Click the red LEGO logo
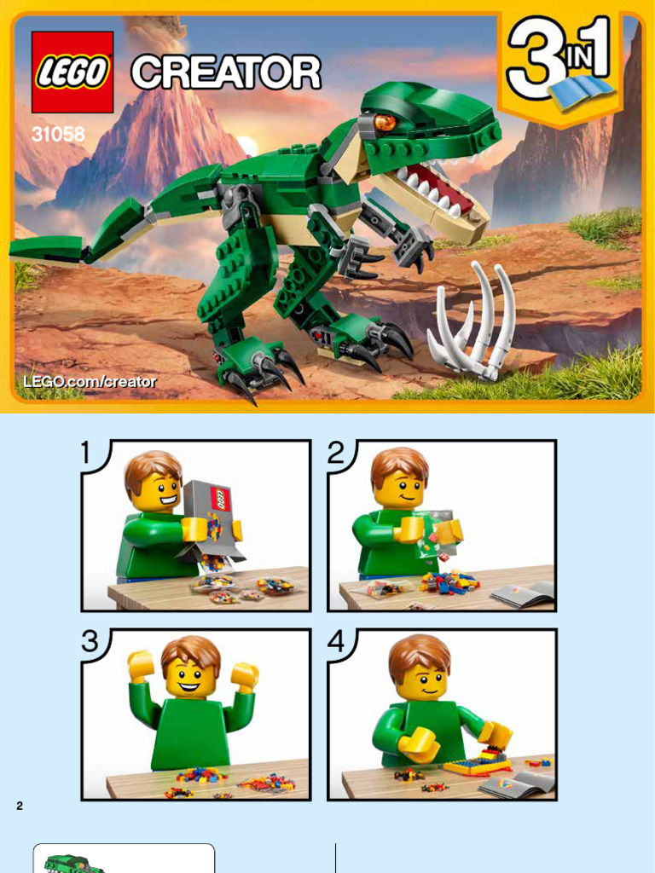pyautogui.click(x=72, y=72)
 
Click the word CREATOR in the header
pyautogui.click(x=226, y=72)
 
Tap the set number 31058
pyautogui.click(x=52, y=134)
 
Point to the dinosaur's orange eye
pyautogui.click(x=384, y=122)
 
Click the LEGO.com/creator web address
pyautogui.click(x=90, y=382)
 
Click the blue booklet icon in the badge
pyautogui.click(x=581, y=92)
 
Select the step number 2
pyautogui.click(x=336, y=454)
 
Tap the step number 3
pyautogui.click(x=90, y=642)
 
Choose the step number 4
pyautogui.click(x=336, y=642)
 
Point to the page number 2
pyautogui.click(x=20, y=806)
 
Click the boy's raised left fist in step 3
pyautogui.click(x=141, y=662)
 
